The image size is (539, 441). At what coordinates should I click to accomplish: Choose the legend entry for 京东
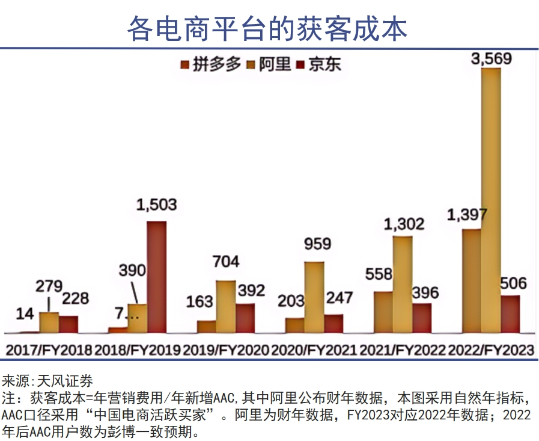point(324,64)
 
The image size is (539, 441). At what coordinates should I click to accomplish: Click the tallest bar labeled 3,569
point(491,200)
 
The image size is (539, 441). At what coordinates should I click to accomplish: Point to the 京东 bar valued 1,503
point(157,277)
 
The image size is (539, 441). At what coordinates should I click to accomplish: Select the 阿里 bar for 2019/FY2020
point(226,306)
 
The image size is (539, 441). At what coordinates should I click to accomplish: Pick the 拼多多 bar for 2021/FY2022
point(383,312)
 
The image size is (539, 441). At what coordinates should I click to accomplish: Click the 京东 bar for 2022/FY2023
point(510,313)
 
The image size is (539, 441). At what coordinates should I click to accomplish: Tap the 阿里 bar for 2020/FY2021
point(314,297)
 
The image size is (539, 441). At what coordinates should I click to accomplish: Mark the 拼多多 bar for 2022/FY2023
point(472,280)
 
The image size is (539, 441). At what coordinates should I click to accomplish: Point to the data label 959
point(317,244)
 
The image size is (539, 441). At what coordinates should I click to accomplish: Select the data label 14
point(25,313)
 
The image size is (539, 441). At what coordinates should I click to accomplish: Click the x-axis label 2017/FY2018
point(49,350)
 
